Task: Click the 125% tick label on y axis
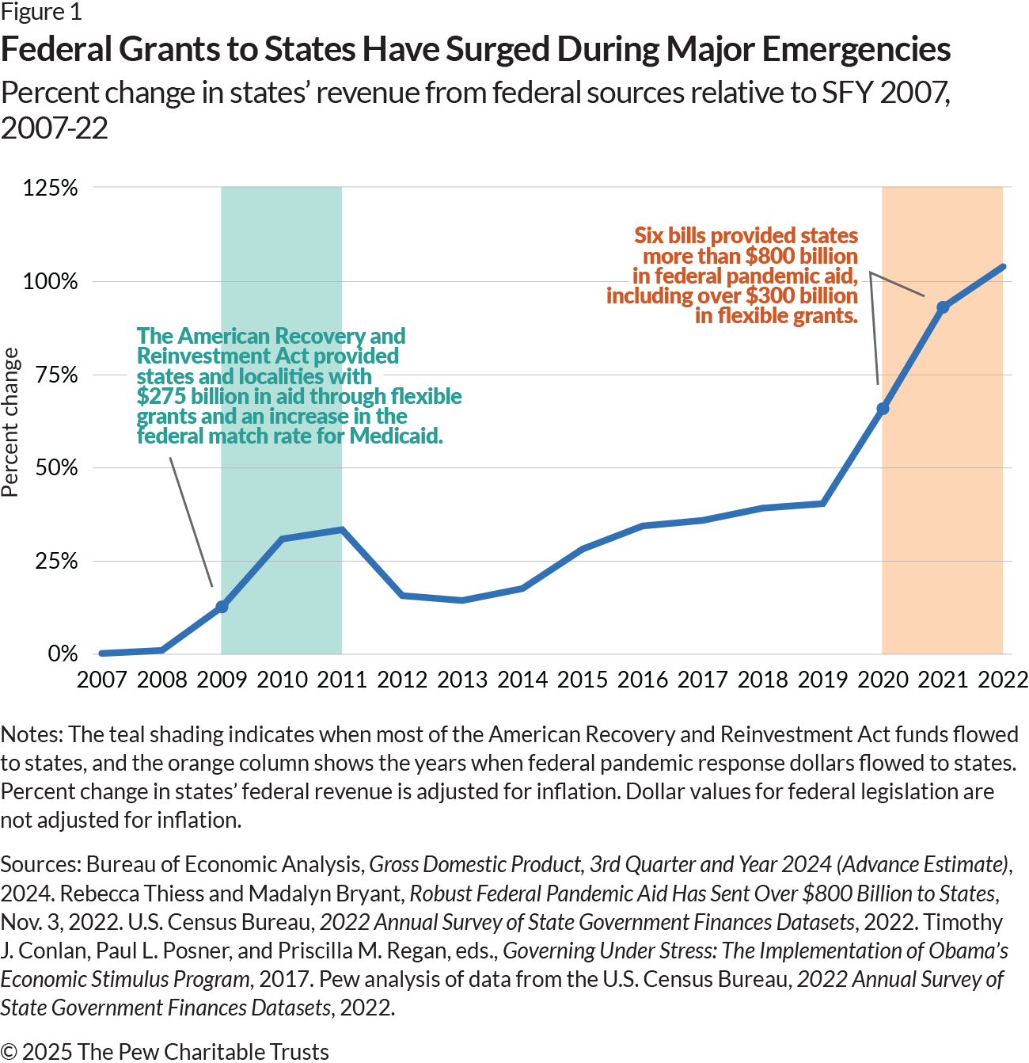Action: click(51, 189)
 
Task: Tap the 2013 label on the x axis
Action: click(462, 680)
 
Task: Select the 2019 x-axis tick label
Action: click(822, 680)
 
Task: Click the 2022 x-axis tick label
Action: click(1002, 680)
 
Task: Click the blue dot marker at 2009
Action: click(222, 607)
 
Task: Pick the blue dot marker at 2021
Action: click(943, 307)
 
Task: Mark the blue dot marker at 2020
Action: click(883, 409)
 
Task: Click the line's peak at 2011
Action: click(342, 529)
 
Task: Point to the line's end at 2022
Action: click(1003, 267)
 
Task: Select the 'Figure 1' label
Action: click(41, 12)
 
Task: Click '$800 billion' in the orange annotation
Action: click(801, 256)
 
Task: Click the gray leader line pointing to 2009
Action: click(191, 522)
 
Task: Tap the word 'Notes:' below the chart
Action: click(32, 734)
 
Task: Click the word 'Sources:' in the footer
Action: click(40, 864)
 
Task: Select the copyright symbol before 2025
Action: click(9, 1052)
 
